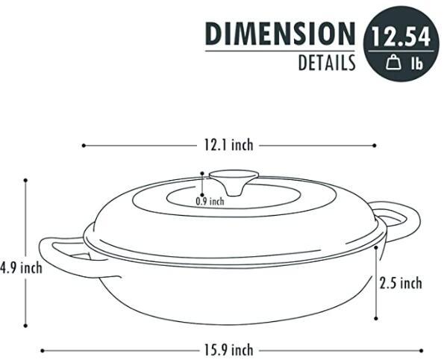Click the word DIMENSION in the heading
pyautogui.click(x=280, y=34)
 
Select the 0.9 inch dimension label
pyautogui.click(x=210, y=201)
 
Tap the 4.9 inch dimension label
pyautogui.click(x=21, y=268)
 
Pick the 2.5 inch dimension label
pyautogui.click(x=401, y=283)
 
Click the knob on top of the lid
pyautogui.click(x=233, y=179)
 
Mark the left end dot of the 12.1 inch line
pyautogui.click(x=83, y=146)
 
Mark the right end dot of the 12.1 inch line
pyautogui.click(x=375, y=146)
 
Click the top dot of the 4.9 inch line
pyautogui.click(x=25, y=179)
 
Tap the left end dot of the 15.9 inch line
pyautogui.click(x=42, y=350)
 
